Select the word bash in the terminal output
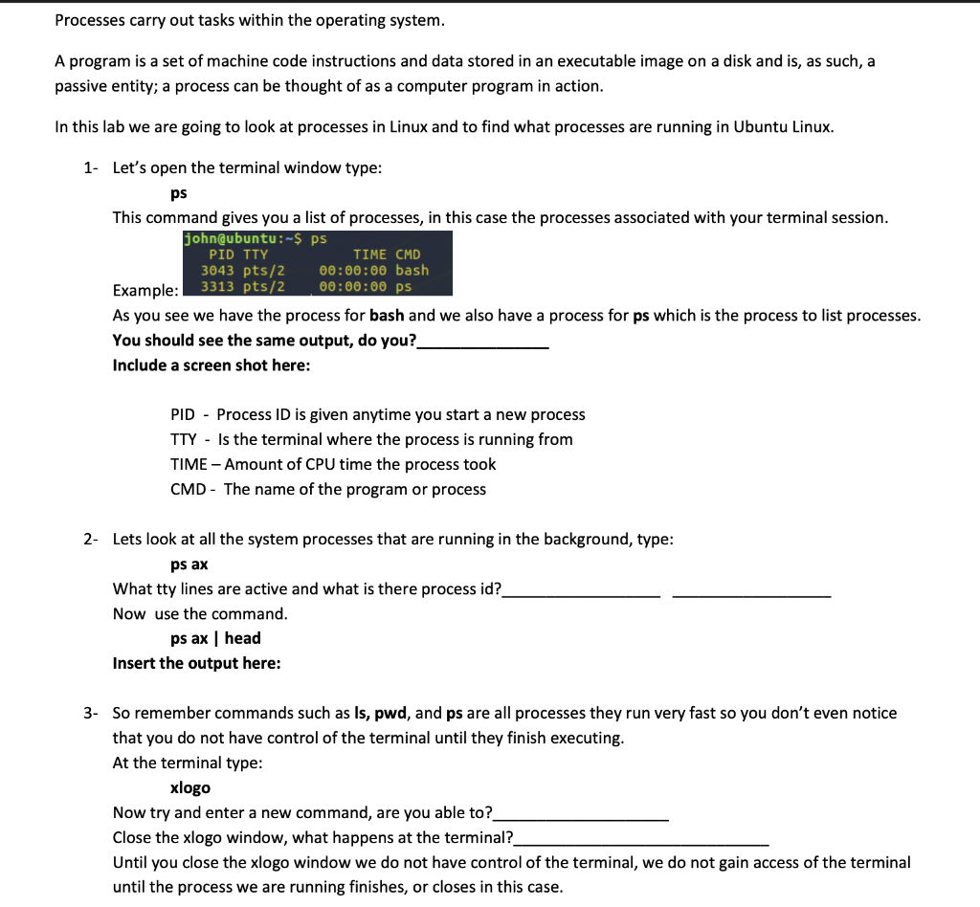point(412,270)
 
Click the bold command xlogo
point(189,787)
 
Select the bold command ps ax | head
point(215,638)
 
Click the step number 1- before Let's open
point(90,167)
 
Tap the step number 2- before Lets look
point(90,539)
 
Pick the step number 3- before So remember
point(90,713)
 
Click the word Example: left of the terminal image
point(145,290)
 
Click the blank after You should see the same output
point(483,341)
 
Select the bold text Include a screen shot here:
point(211,365)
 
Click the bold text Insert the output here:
point(196,663)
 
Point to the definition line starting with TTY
point(371,439)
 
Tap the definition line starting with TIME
point(333,464)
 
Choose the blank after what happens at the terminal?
point(640,838)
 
